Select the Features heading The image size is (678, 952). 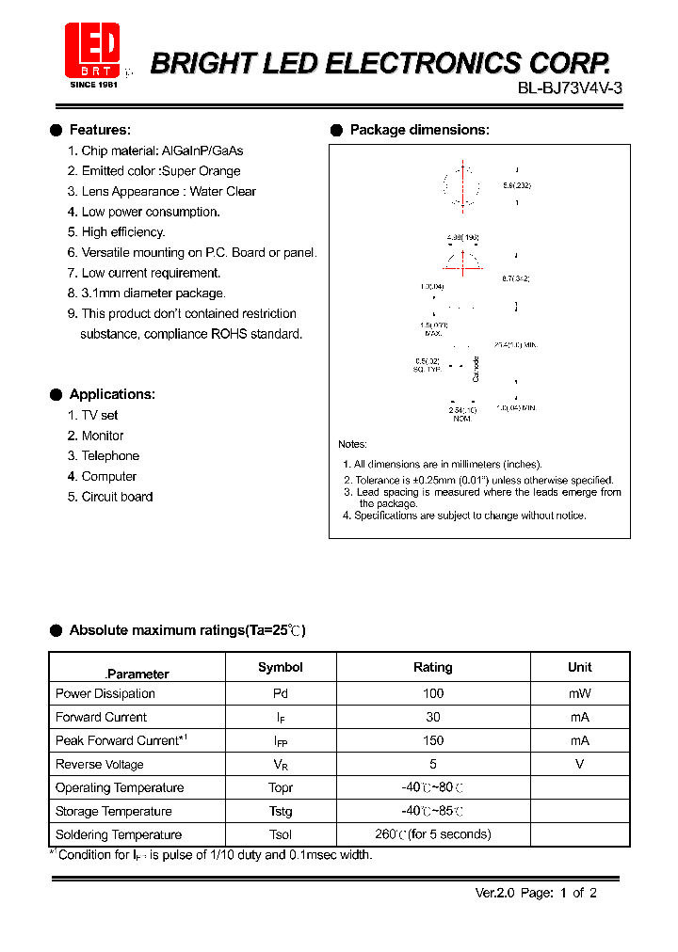click(100, 130)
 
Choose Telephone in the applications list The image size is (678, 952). click(109, 456)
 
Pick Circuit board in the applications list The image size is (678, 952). click(116, 497)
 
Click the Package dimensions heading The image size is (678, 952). click(419, 130)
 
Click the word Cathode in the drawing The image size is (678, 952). click(476, 369)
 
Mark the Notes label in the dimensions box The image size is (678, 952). click(352, 444)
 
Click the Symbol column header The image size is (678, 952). click(281, 667)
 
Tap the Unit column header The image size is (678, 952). click(579, 667)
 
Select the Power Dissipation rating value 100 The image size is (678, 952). click(432, 693)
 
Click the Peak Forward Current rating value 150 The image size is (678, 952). click(432, 740)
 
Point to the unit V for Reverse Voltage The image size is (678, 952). click(579, 764)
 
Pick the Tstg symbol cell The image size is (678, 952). click(281, 811)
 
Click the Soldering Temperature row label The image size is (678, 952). click(119, 834)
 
